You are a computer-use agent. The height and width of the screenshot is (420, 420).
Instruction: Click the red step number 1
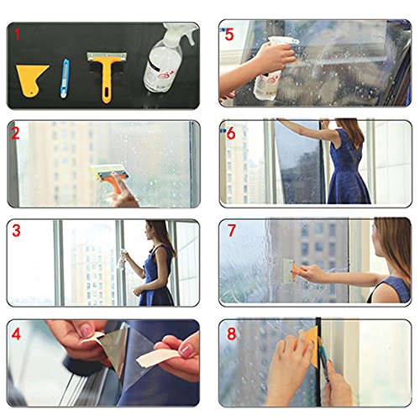click(x=18, y=34)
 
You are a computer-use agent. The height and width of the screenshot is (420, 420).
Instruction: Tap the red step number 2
click(x=16, y=134)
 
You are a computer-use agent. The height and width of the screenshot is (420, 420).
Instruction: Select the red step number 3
click(x=16, y=230)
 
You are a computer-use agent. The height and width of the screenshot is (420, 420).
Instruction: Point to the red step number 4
click(x=16, y=333)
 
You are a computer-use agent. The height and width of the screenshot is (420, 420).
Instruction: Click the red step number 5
click(x=229, y=34)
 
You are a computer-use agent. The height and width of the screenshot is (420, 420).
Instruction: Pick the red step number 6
click(x=231, y=134)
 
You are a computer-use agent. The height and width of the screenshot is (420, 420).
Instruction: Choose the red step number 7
click(x=232, y=230)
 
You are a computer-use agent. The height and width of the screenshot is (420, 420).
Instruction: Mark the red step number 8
click(x=232, y=333)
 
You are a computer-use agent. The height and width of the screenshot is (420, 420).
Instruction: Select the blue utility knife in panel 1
click(x=65, y=78)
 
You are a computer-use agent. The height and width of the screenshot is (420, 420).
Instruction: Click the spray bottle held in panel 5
click(x=270, y=69)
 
